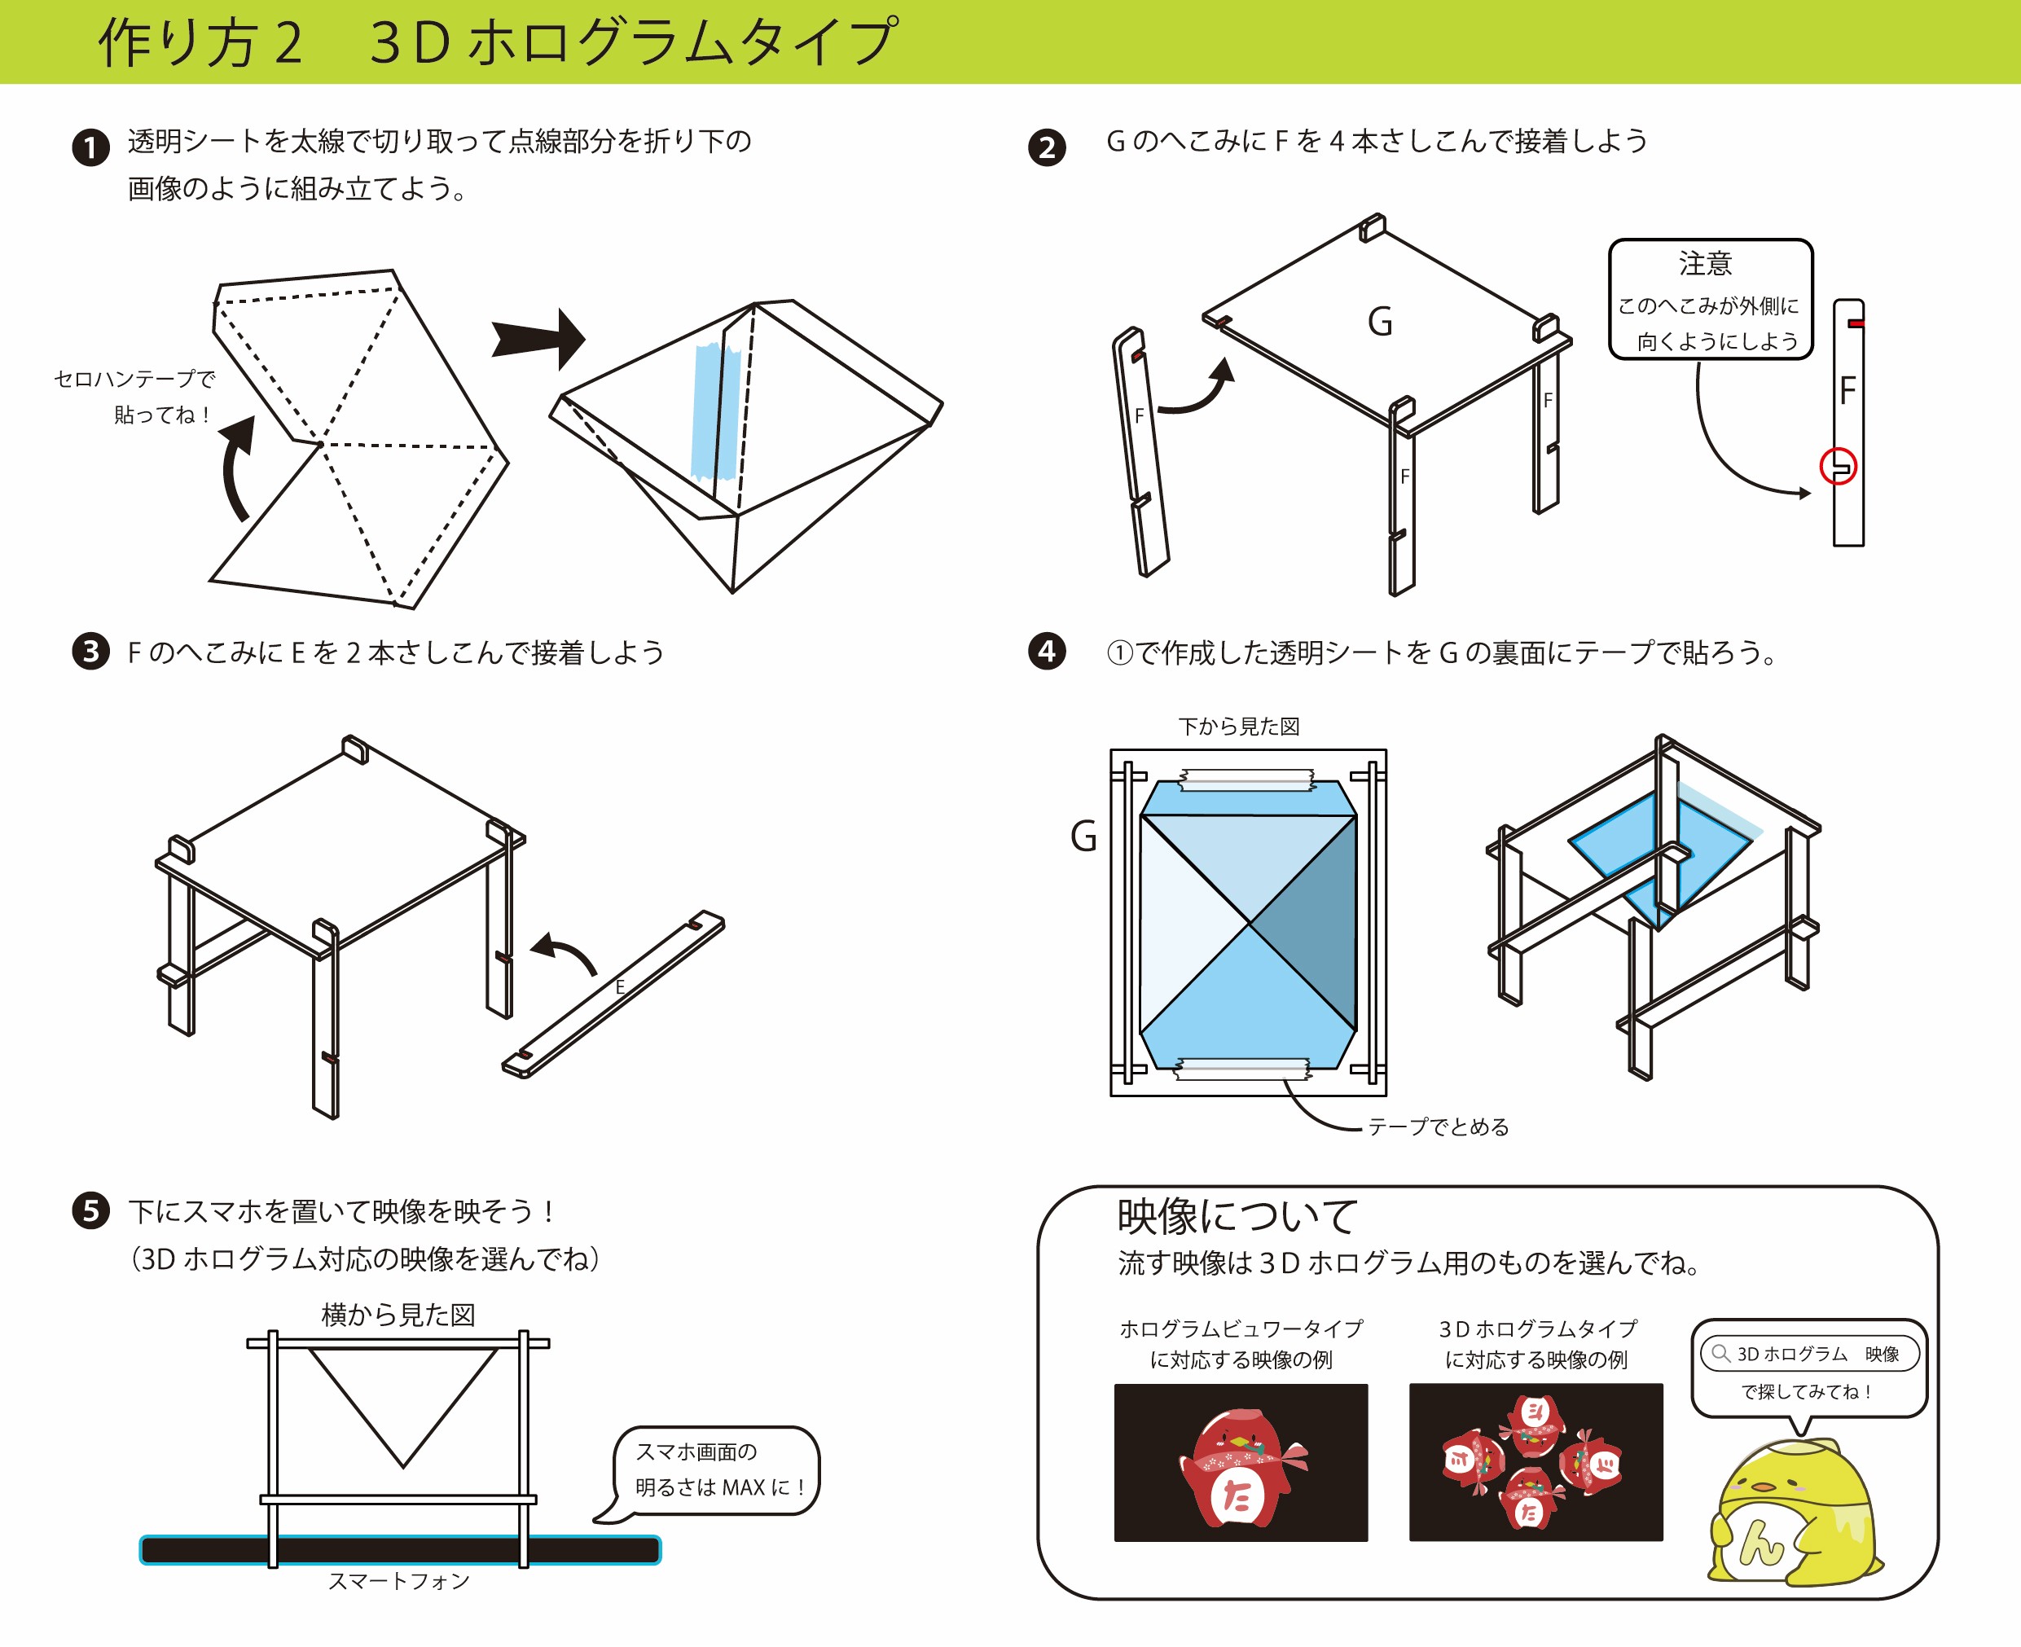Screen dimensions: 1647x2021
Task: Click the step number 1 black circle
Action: tap(91, 148)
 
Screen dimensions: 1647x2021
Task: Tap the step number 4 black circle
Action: tap(1047, 651)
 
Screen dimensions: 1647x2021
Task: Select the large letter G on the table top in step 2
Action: tap(1380, 322)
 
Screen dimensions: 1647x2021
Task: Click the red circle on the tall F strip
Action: tap(1838, 467)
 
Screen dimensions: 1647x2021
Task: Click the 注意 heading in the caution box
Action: tap(1705, 263)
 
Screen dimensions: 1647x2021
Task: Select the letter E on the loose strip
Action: tap(620, 986)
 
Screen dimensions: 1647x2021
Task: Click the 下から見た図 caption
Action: tap(1238, 727)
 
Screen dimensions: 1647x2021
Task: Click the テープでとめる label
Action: tap(1438, 1127)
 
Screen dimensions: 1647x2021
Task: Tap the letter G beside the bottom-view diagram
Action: tap(1083, 837)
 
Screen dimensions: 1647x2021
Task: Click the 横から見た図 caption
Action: tap(398, 1315)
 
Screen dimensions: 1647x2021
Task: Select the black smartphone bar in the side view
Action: tap(398, 1550)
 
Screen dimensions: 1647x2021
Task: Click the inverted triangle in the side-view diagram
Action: tap(402, 1394)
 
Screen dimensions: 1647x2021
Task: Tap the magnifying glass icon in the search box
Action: tap(1720, 1354)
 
